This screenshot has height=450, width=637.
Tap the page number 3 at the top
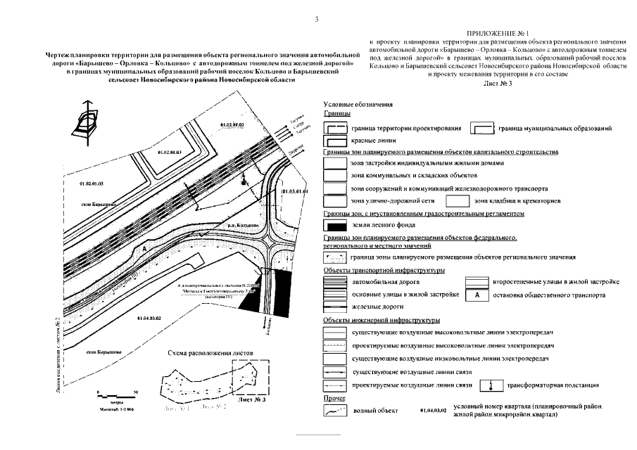[x=317, y=19]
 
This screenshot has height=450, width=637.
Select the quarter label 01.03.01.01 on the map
[x=295, y=191]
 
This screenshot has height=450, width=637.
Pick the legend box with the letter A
[x=477, y=295]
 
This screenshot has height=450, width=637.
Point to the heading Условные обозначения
[x=353, y=104]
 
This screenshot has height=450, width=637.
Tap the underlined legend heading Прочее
[x=333, y=399]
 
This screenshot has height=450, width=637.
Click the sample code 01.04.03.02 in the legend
[x=432, y=409]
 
